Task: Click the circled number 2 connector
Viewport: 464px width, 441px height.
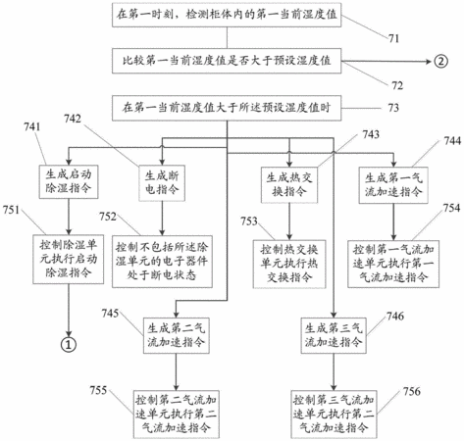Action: (x=440, y=61)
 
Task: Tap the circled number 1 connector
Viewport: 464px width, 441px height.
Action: (x=69, y=344)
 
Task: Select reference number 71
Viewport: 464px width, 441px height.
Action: (x=394, y=38)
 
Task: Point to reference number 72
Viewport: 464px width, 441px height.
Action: (x=397, y=85)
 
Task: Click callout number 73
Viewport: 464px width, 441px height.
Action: (x=393, y=108)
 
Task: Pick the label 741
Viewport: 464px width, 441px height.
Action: (x=32, y=126)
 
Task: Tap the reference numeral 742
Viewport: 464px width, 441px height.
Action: (x=73, y=119)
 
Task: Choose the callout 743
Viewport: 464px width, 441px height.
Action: (x=371, y=134)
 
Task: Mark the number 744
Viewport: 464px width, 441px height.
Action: (x=452, y=141)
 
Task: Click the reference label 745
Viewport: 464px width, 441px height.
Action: (x=110, y=313)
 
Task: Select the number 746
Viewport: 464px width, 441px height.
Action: (x=395, y=316)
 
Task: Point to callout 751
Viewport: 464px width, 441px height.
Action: (x=12, y=210)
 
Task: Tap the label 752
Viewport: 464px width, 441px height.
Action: (x=108, y=217)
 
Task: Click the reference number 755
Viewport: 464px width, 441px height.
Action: (x=98, y=390)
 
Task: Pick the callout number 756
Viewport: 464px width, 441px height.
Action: (x=412, y=391)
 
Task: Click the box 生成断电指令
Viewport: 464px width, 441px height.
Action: (x=162, y=183)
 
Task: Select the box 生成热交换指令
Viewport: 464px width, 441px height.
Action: (x=289, y=185)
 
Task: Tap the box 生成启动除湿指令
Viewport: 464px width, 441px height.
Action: (x=69, y=182)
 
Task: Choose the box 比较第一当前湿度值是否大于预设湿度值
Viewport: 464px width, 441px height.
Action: (x=227, y=61)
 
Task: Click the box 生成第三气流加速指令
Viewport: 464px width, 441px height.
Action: (x=334, y=335)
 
